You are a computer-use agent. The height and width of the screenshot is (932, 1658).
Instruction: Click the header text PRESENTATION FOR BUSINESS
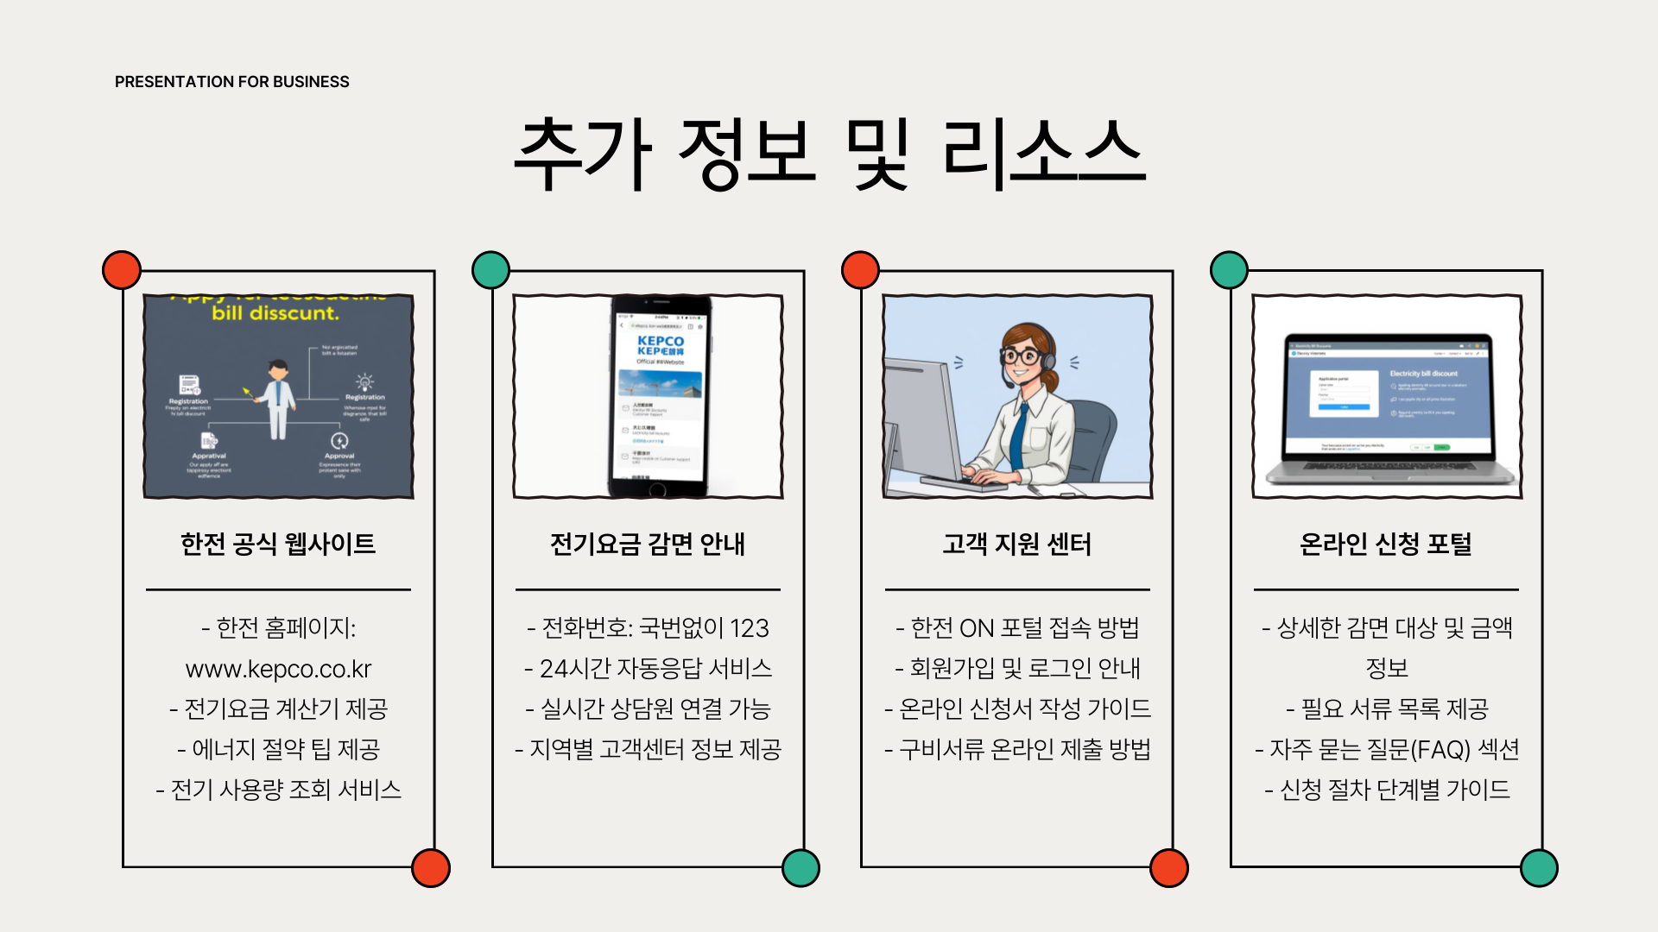tap(231, 82)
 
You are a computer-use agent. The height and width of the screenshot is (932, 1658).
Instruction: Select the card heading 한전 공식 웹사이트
tap(278, 544)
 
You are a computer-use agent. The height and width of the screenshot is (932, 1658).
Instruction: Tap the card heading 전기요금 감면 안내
tap(648, 544)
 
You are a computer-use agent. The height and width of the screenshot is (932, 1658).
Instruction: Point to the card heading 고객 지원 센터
tap(1017, 544)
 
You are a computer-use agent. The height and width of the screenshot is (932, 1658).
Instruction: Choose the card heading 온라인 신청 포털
tap(1386, 544)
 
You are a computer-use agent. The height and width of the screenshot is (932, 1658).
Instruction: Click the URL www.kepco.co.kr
tap(278, 669)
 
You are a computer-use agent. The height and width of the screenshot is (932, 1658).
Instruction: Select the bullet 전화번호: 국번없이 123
tap(648, 627)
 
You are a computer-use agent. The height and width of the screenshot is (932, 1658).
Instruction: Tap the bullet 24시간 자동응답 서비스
tap(648, 668)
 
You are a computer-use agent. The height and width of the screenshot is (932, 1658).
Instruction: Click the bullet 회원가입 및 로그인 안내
tap(1017, 668)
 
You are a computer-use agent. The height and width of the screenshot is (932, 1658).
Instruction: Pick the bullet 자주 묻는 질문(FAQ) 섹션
tap(1386, 749)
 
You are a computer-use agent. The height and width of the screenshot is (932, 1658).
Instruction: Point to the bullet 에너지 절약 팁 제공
tap(278, 749)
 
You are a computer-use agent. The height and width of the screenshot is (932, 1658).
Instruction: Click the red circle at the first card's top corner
tap(122, 270)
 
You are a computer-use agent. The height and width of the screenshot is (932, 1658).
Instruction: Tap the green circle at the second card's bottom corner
tap(801, 868)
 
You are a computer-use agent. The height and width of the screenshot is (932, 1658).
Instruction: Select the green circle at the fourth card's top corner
tap(1229, 270)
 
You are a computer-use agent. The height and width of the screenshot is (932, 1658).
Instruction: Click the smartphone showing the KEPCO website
tap(661, 397)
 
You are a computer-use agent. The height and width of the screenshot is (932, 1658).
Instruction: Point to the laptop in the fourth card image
tap(1389, 410)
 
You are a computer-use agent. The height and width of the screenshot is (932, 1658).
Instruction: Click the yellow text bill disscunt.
tap(275, 313)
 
